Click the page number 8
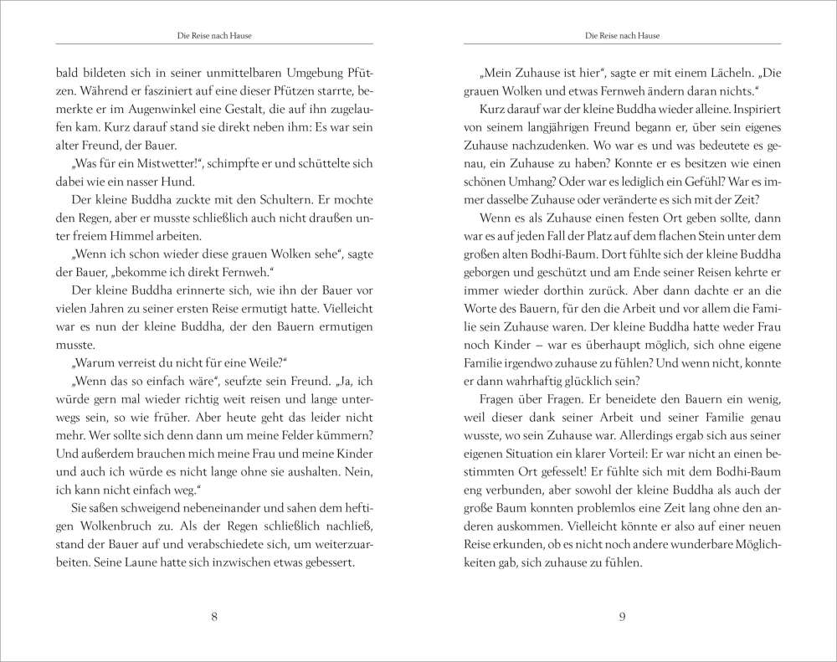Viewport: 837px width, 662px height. click(x=214, y=618)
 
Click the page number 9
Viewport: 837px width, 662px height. click(x=622, y=618)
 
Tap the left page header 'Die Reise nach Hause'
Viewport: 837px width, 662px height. click(x=214, y=35)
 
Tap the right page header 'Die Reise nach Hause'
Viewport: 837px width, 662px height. click(x=622, y=35)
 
